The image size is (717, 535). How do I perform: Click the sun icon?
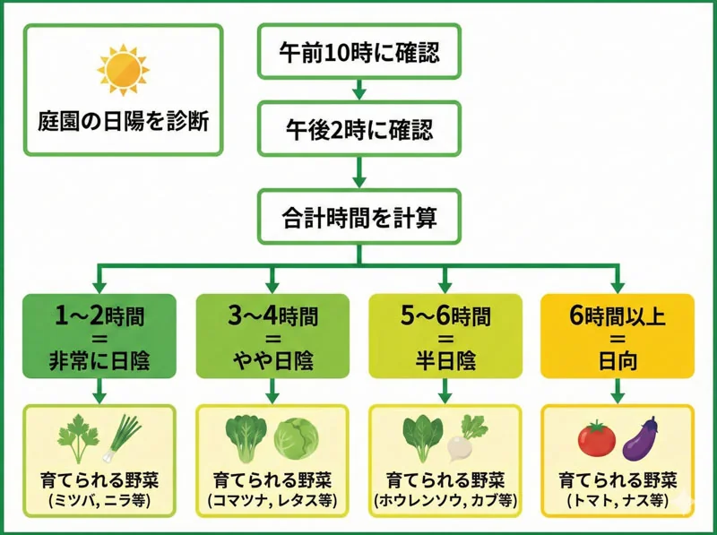122,71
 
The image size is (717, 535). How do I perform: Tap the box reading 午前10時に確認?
358,52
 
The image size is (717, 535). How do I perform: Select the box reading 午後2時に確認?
358,130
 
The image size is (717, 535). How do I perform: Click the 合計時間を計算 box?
358,215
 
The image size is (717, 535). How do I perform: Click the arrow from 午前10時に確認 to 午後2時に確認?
358,90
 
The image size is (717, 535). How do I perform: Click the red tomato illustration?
594,439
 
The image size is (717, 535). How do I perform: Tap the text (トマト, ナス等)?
618,499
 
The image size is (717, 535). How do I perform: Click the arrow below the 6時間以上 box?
618,393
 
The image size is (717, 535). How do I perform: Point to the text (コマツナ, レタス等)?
272,499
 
